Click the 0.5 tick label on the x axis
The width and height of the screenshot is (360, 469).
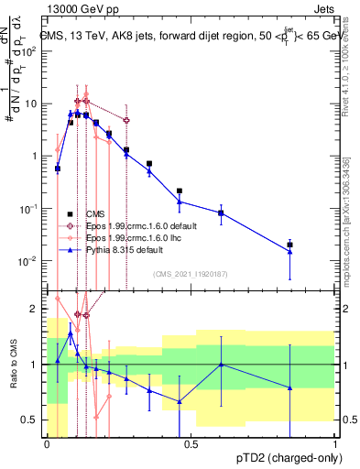click(191, 442)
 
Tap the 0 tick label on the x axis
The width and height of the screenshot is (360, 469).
click(47, 442)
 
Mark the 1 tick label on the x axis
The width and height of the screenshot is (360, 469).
click(334, 442)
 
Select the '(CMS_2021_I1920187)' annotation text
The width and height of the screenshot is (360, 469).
click(191, 273)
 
